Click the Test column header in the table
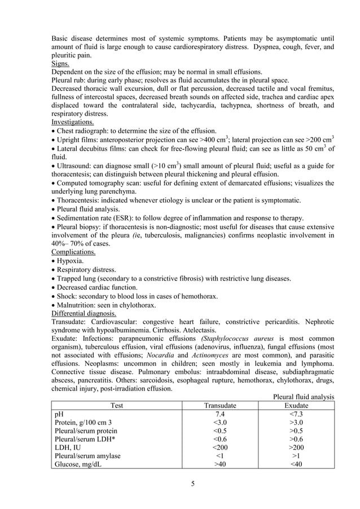point(117,405)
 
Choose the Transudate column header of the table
point(219,405)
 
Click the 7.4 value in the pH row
point(219,414)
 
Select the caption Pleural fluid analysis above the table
point(304,397)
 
